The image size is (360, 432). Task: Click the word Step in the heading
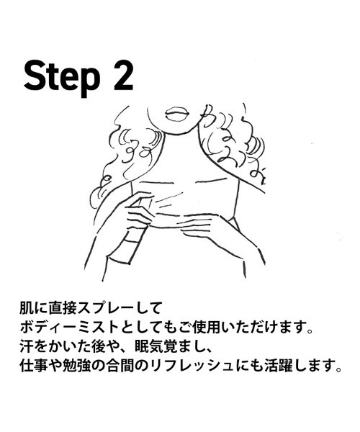tap(62, 76)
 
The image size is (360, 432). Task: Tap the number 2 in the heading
tap(123, 74)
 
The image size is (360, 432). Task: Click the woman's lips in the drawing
tap(177, 114)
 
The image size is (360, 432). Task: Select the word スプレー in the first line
tap(107, 309)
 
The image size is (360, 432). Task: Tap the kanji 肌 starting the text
tap(27, 309)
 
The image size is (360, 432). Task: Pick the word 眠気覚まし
tap(168, 346)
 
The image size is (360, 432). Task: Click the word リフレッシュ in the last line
tap(197, 366)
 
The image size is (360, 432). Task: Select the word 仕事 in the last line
tap(33, 366)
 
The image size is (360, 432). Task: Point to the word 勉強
tap(73, 366)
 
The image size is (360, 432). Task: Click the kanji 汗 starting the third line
tap(27, 346)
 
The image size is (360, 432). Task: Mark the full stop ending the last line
tap(338, 369)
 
